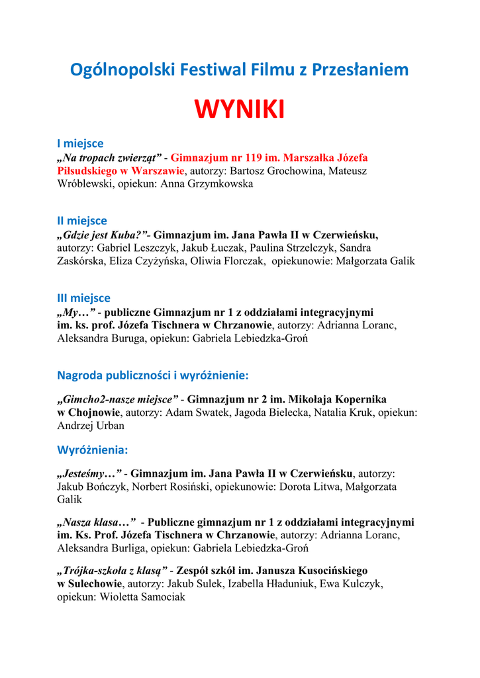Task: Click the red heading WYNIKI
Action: click(x=240, y=110)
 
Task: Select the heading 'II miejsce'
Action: click(x=82, y=220)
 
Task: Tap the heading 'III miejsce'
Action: click(x=84, y=298)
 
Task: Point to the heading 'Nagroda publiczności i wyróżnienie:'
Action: click(x=153, y=375)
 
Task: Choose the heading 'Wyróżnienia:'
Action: click(x=93, y=450)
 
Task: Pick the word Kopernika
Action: click(x=360, y=399)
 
